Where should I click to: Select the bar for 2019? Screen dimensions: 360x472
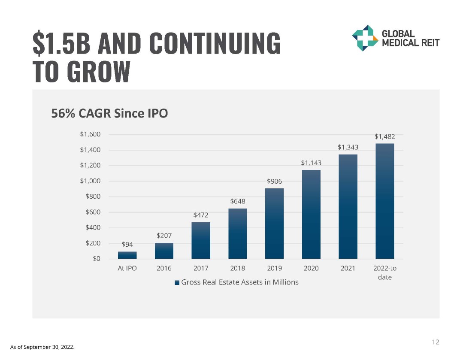pos(275,223)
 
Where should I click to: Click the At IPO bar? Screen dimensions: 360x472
pos(127,255)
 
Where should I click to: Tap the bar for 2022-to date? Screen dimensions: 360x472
pos(384,201)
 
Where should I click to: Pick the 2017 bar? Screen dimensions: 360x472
pos(201,240)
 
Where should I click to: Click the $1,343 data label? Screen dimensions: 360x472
pos(348,147)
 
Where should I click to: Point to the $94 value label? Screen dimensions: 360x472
pos(127,245)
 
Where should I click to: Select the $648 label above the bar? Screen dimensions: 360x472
pos(237,201)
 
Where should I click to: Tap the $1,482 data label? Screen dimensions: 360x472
pos(384,136)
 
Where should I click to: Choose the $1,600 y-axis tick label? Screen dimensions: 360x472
pos(90,134)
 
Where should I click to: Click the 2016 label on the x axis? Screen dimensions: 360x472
pos(164,269)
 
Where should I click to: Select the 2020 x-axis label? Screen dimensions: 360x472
pos(311,269)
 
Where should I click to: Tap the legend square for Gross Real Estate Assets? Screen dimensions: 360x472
pos(177,282)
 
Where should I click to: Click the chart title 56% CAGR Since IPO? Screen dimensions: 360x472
pos(109,113)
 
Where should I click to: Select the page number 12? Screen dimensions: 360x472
pos(436,342)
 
